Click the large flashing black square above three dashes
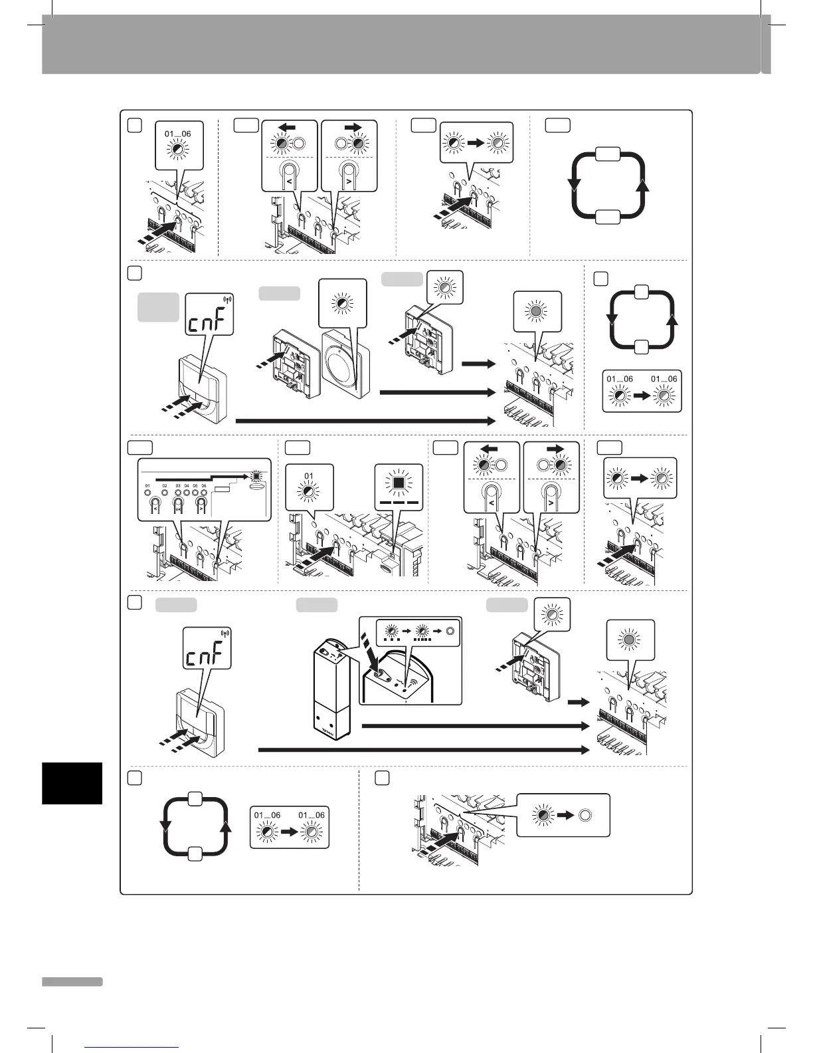(x=399, y=481)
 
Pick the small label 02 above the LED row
(x=165, y=486)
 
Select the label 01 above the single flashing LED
(x=309, y=475)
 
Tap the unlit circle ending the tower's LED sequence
(x=449, y=631)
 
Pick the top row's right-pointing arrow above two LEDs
(x=347, y=126)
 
